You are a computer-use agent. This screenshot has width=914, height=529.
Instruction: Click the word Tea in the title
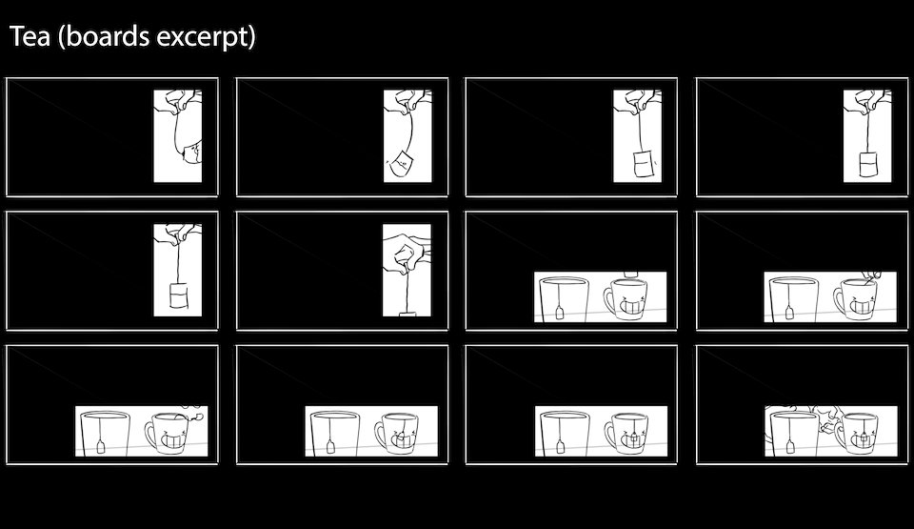30,36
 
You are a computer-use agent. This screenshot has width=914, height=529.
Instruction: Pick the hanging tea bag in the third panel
643,164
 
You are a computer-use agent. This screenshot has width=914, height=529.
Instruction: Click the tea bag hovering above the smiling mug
632,274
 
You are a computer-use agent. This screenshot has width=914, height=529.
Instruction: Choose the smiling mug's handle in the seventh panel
608,300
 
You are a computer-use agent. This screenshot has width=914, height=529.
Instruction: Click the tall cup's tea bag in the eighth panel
789,313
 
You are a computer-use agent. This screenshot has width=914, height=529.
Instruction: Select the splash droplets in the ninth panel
193,414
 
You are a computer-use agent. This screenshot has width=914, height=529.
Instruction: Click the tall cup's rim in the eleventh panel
564,416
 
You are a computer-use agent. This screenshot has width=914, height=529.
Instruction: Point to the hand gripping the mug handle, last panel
826,421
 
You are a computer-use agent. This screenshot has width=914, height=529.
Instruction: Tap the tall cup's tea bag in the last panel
790,447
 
